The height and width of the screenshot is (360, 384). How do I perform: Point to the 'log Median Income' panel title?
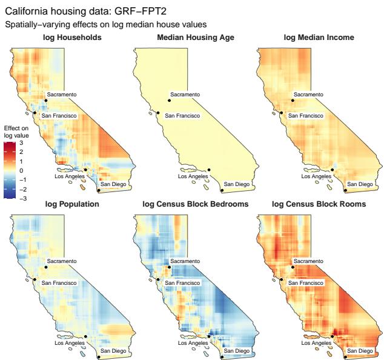[319, 38]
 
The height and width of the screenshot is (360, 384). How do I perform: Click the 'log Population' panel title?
[72, 204]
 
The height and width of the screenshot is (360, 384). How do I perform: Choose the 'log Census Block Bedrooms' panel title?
[195, 204]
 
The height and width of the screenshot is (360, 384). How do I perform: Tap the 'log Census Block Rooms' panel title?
[319, 204]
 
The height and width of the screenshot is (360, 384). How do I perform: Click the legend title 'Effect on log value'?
[12, 133]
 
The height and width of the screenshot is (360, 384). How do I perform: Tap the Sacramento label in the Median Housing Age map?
[185, 94]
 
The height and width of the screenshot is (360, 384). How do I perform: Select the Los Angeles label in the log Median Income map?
[315, 177]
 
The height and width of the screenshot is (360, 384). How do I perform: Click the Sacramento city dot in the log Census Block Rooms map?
[293, 267]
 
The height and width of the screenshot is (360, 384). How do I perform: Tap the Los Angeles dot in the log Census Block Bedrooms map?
[209, 336]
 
